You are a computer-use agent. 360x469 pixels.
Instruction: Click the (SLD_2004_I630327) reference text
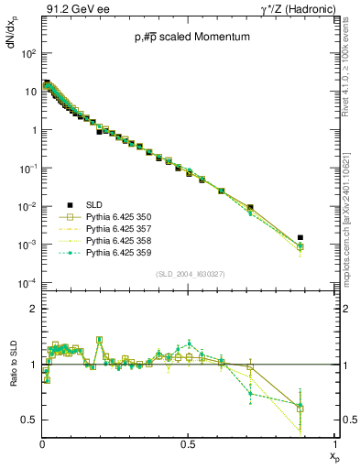point(189,274)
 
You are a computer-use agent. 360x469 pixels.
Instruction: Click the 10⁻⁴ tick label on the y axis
point(27,283)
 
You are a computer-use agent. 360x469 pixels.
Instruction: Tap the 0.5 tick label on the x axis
point(188,443)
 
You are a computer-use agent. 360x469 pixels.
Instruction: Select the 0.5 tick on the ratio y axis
point(29,420)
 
